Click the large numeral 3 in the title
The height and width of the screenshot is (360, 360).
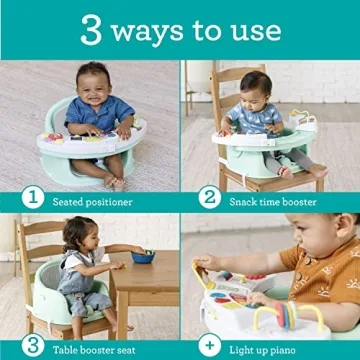click(93, 29)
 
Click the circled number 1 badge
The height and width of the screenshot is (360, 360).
click(33, 196)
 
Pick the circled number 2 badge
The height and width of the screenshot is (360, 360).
click(211, 196)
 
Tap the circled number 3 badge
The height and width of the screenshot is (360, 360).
click(33, 345)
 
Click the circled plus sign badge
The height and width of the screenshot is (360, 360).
click(211, 345)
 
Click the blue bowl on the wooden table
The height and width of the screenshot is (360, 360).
click(143, 256)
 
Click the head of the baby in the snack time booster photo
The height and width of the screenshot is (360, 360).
click(254, 87)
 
